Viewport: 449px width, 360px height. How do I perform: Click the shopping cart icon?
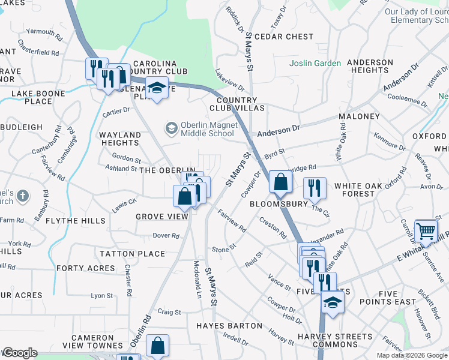[x=426, y=230]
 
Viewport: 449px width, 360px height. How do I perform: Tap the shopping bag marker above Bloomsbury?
[x=280, y=182]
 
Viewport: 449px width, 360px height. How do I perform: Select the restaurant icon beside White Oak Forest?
[x=314, y=188]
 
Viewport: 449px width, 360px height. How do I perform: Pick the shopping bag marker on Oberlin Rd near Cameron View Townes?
[x=157, y=346]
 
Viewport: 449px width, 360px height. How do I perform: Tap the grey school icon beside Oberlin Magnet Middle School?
[x=172, y=128]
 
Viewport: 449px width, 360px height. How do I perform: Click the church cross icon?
[x=22, y=196]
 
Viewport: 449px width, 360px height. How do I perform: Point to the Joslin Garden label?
[x=315, y=63]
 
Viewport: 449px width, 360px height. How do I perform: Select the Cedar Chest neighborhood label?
[x=284, y=37]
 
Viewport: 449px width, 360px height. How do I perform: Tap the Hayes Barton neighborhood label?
[x=229, y=326]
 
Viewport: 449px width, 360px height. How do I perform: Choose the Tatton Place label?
[x=133, y=253]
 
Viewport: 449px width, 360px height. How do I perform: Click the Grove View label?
[x=161, y=217]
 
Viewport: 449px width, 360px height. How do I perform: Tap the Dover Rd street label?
[x=166, y=236]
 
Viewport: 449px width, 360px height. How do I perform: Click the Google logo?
[x=19, y=353]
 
